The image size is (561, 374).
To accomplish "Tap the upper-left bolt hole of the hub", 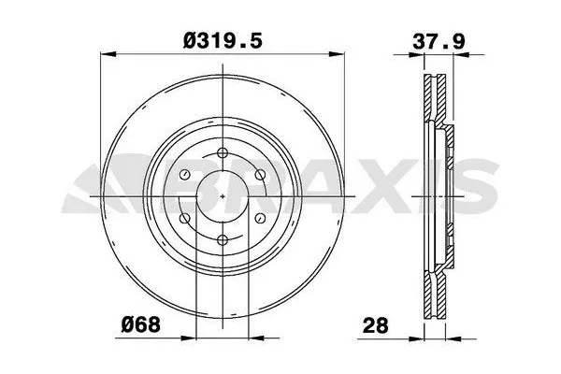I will pos(183,175).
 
